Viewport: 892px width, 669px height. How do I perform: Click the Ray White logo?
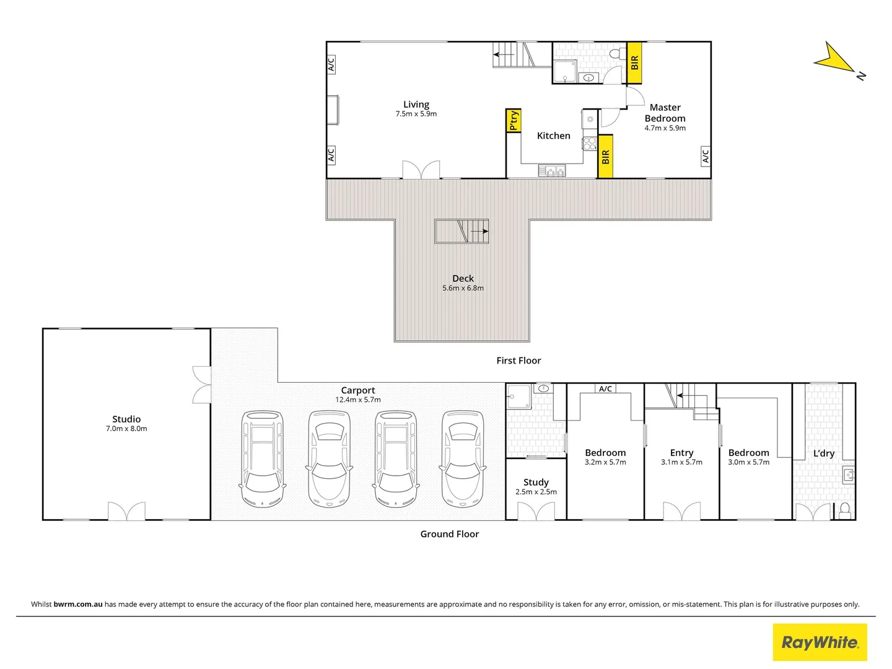[x=820, y=642]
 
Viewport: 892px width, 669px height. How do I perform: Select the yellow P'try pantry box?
[x=513, y=120]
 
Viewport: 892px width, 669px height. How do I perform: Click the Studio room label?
[x=126, y=419]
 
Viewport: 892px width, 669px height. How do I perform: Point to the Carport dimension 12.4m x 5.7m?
[x=358, y=400]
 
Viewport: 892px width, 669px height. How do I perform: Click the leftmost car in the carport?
[x=262, y=459]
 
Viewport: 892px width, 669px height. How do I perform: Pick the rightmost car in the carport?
[x=462, y=459]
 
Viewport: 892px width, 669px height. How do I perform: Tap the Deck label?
[x=463, y=279]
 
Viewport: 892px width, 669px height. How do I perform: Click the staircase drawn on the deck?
[x=461, y=231]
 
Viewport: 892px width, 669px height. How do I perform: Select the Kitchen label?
[x=553, y=136]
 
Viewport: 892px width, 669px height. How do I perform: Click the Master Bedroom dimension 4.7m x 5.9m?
[x=665, y=128]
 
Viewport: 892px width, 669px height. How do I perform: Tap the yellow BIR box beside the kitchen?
[x=605, y=157]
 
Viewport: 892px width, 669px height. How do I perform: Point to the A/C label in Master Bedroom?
[x=705, y=155]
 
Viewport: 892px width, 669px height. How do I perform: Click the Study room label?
[x=536, y=482]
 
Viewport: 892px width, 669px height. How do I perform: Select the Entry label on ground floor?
[x=681, y=453]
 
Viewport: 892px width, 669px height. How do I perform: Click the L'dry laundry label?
[x=824, y=453]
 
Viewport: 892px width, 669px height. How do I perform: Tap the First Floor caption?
[x=518, y=361]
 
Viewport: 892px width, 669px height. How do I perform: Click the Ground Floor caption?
[x=449, y=534]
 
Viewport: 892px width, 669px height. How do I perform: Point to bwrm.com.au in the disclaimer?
[x=78, y=605]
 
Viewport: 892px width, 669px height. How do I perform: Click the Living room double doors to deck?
[x=421, y=170]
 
